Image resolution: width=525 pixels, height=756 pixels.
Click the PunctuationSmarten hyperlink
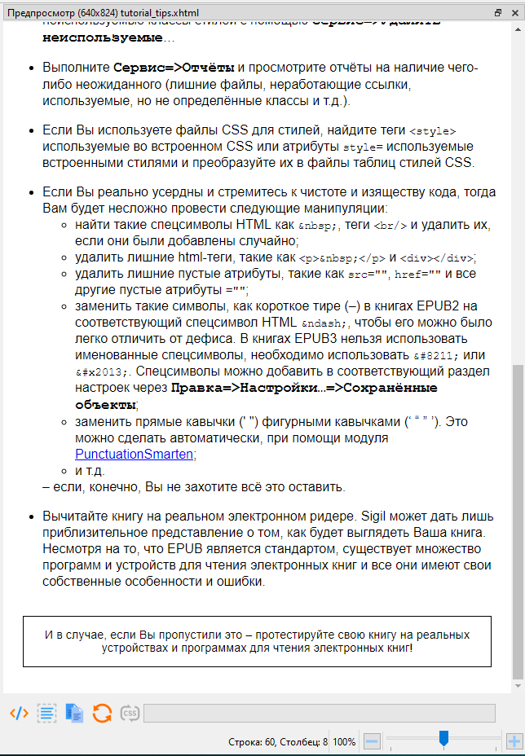click(x=135, y=455)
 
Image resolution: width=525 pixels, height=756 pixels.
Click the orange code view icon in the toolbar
click(x=19, y=713)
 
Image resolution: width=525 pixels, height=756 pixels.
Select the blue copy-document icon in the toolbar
click(x=74, y=713)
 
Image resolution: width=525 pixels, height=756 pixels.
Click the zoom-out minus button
click(x=371, y=742)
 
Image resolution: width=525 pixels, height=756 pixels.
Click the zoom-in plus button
click(x=514, y=742)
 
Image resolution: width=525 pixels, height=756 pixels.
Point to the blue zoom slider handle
click(x=443, y=739)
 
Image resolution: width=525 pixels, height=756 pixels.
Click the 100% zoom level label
click(x=344, y=742)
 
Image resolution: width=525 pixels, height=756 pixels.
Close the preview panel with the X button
click(x=514, y=13)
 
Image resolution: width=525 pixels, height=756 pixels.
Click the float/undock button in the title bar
click(x=498, y=13)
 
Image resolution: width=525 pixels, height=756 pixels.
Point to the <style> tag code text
click(x=432, y=130)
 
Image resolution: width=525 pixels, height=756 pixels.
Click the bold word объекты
click(x=106, y=404)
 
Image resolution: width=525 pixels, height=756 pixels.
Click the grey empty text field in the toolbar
click(x=320, y=714)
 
